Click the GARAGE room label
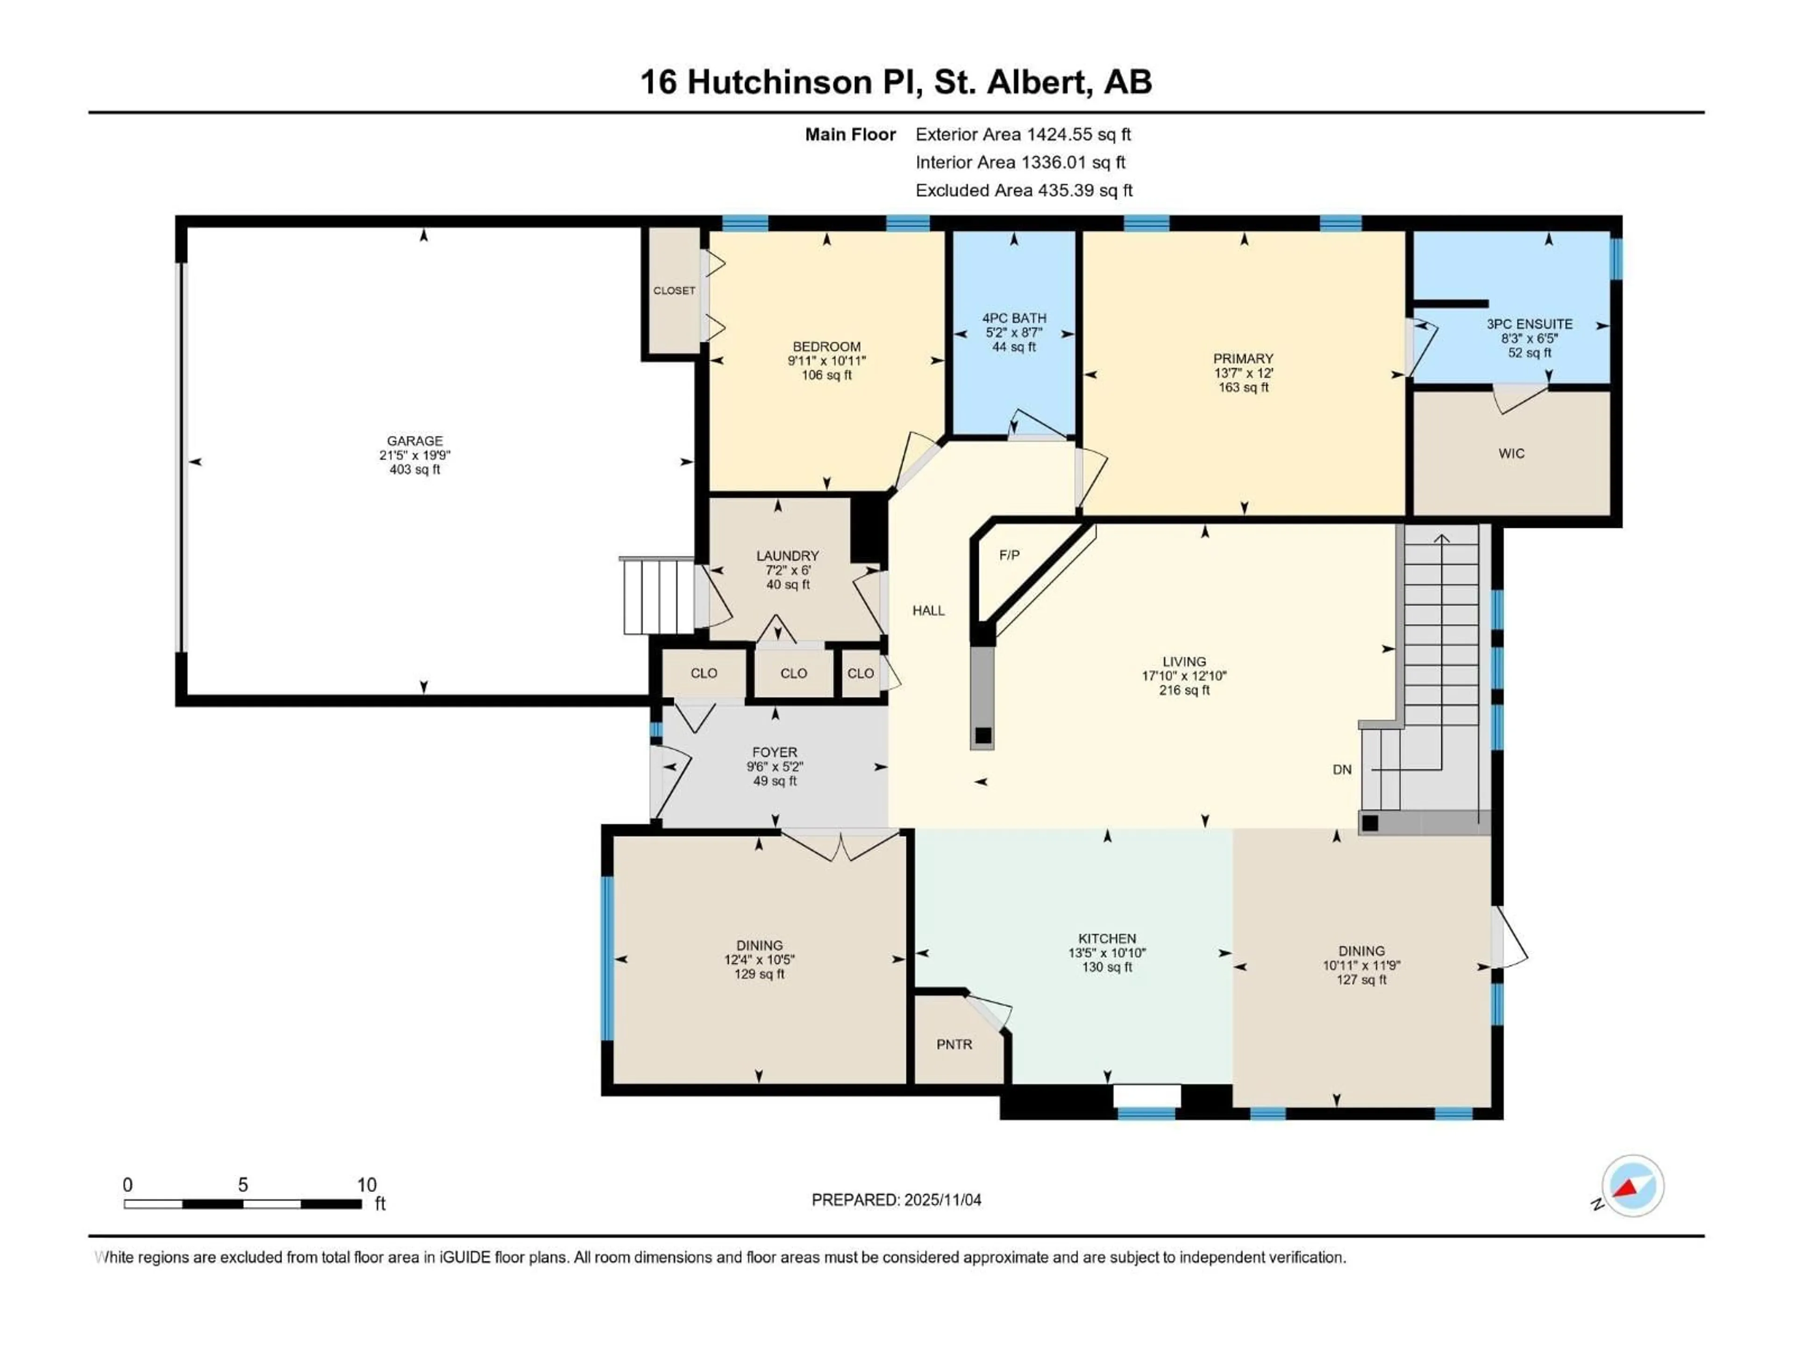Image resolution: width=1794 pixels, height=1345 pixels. (414, 441)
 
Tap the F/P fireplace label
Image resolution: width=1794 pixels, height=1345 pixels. (1009, 555)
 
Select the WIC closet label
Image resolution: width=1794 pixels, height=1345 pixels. (1511, 453)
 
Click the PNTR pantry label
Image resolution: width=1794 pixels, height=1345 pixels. (954, 1044)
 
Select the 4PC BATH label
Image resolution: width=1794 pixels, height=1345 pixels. (1014, 318)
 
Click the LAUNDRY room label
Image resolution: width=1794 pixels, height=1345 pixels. (787, 555)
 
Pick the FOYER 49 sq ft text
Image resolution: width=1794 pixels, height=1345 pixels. (775, 781)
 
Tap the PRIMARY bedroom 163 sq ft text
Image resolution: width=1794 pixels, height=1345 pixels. (1243, 388)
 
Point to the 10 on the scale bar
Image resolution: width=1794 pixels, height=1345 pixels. (367, 1184)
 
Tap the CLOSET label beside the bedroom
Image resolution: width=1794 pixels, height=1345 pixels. (674, 290)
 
